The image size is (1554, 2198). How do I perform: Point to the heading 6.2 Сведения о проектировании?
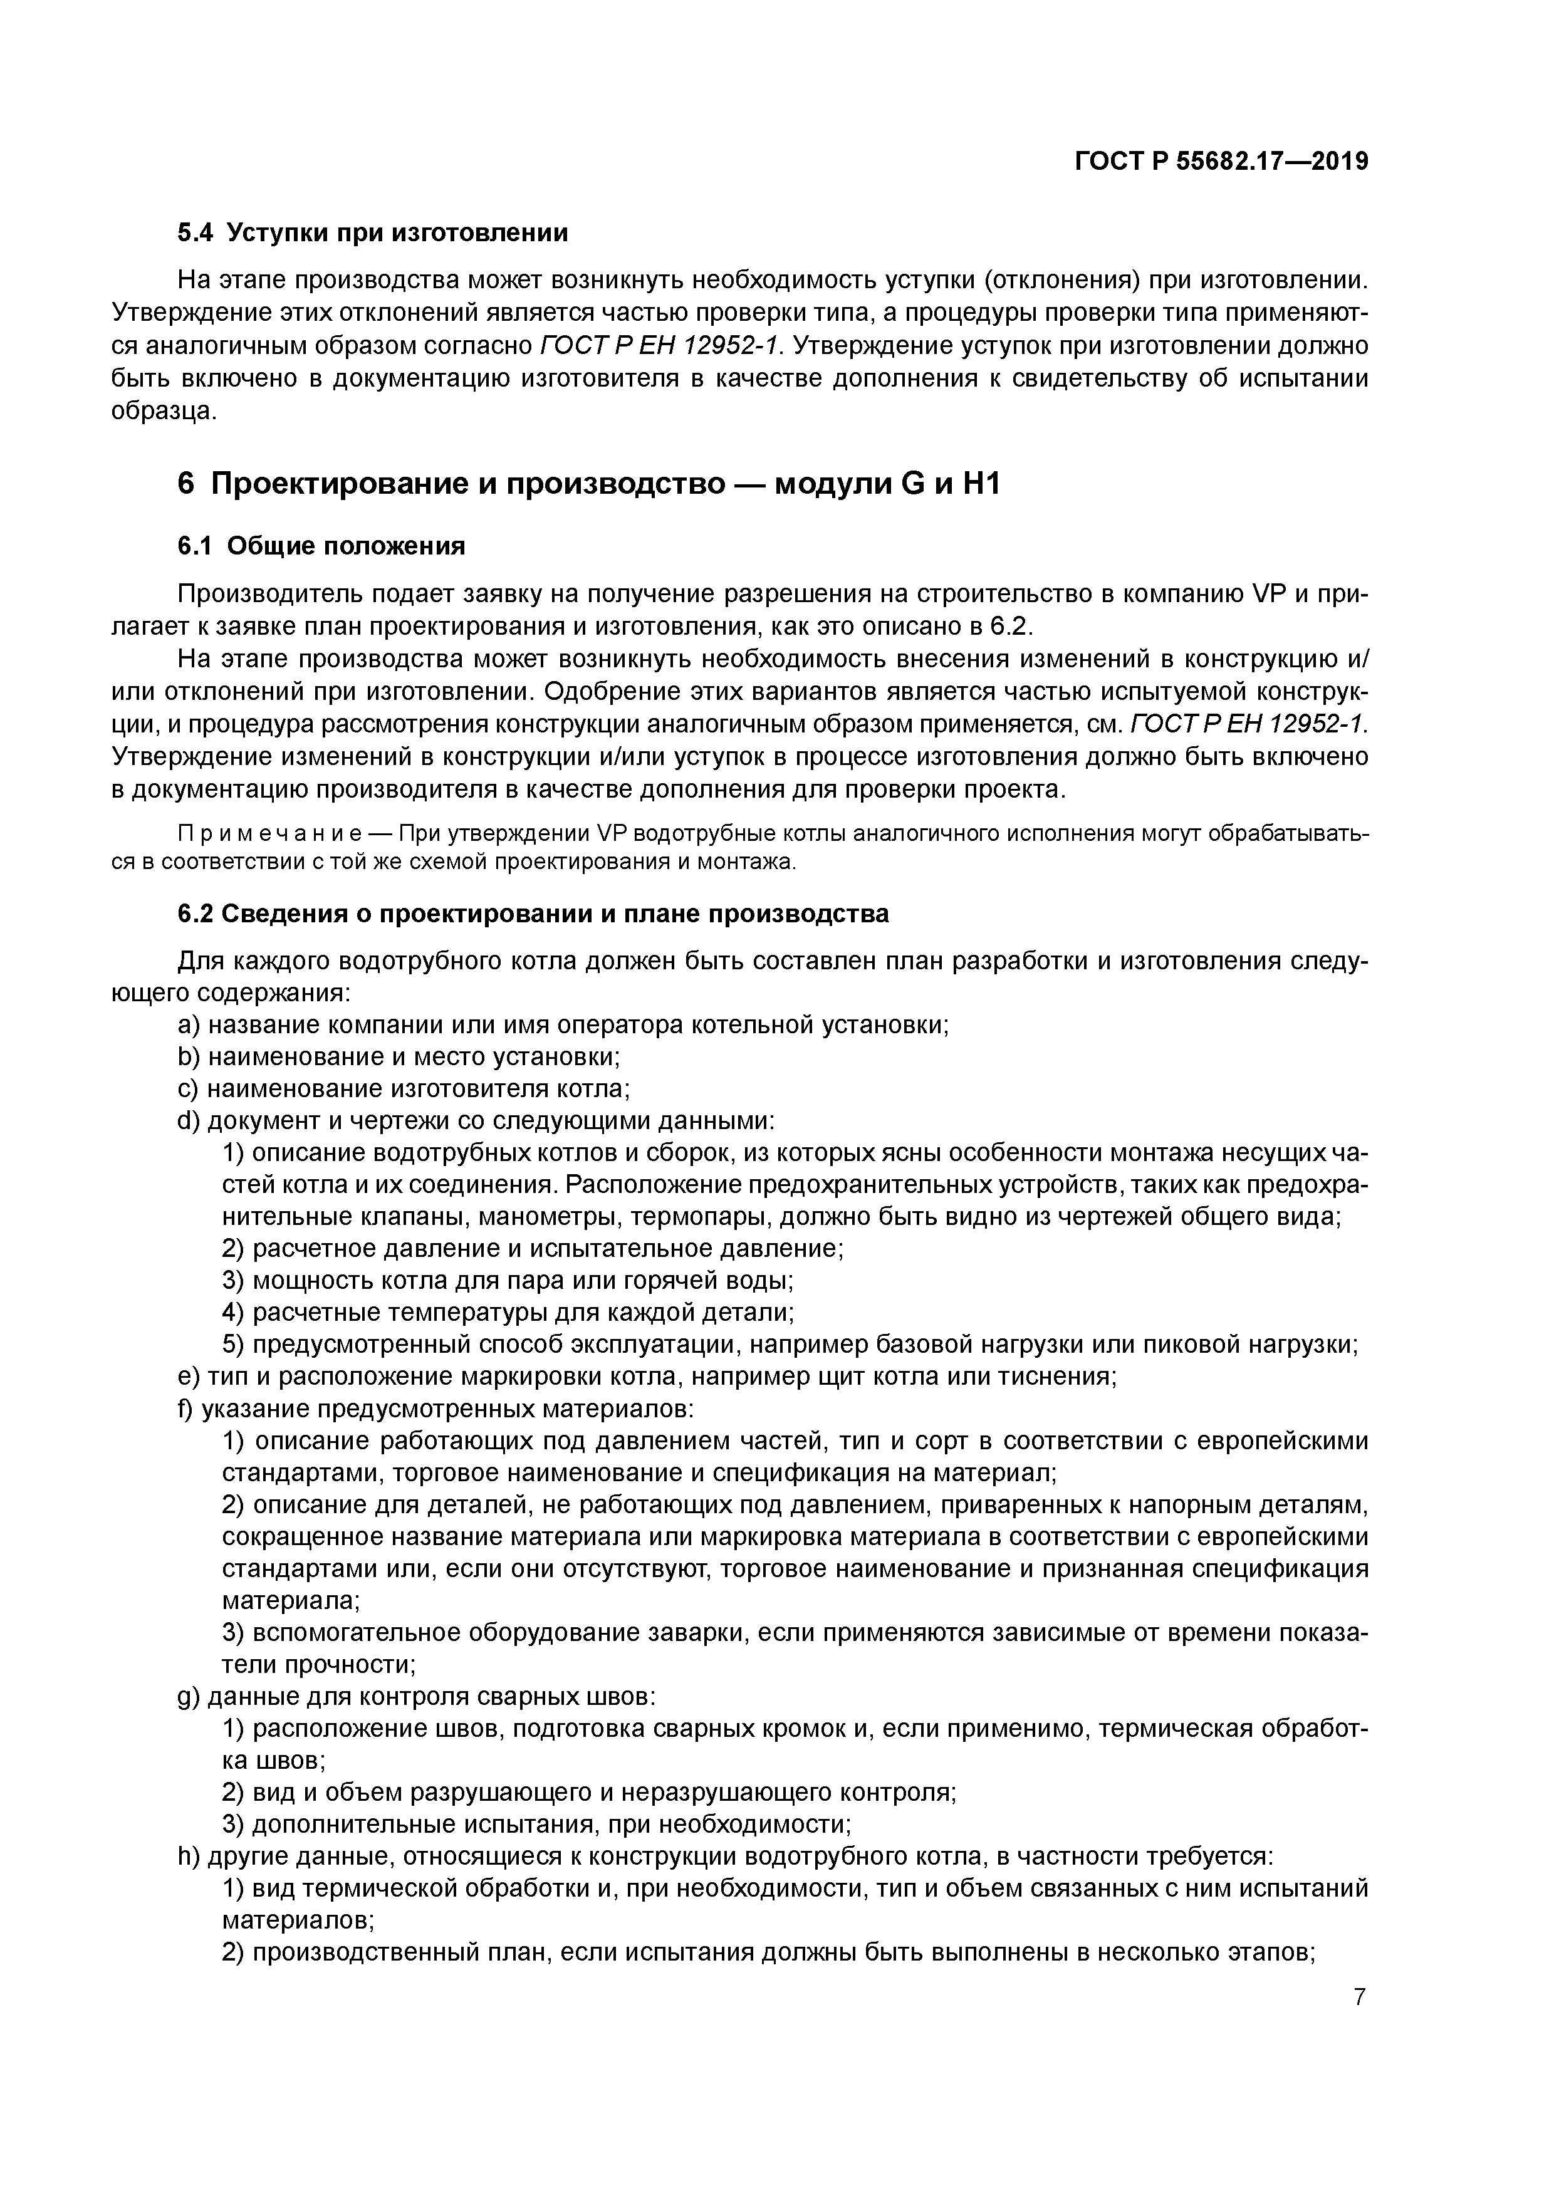click(533, 914)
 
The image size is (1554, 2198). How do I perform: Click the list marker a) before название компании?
click(189, 1025)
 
